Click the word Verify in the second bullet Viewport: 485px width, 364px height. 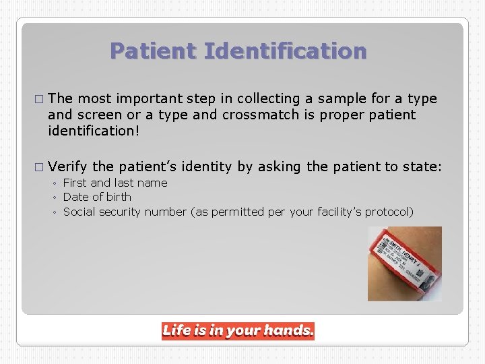(x=68, y=166)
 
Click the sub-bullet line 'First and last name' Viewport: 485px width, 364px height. (x=115, y=183)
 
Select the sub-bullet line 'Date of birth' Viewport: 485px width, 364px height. (x=97, y=197)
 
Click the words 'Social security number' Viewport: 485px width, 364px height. (x=125, y=212)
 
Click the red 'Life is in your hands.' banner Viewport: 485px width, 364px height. (x=238, y=330)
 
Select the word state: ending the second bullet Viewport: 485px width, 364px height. (x=422, y=166)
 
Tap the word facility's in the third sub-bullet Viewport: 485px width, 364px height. (x=341, y=212)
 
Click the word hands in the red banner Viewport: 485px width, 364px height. (x=288, y=330)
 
